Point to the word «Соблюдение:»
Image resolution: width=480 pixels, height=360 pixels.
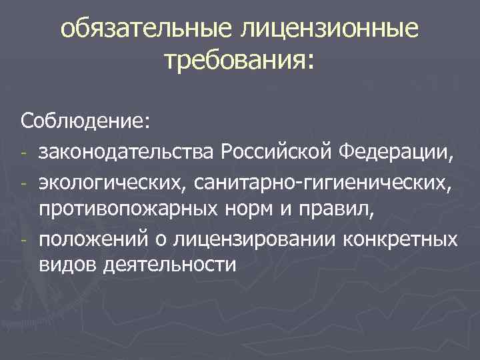pos(77,122)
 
